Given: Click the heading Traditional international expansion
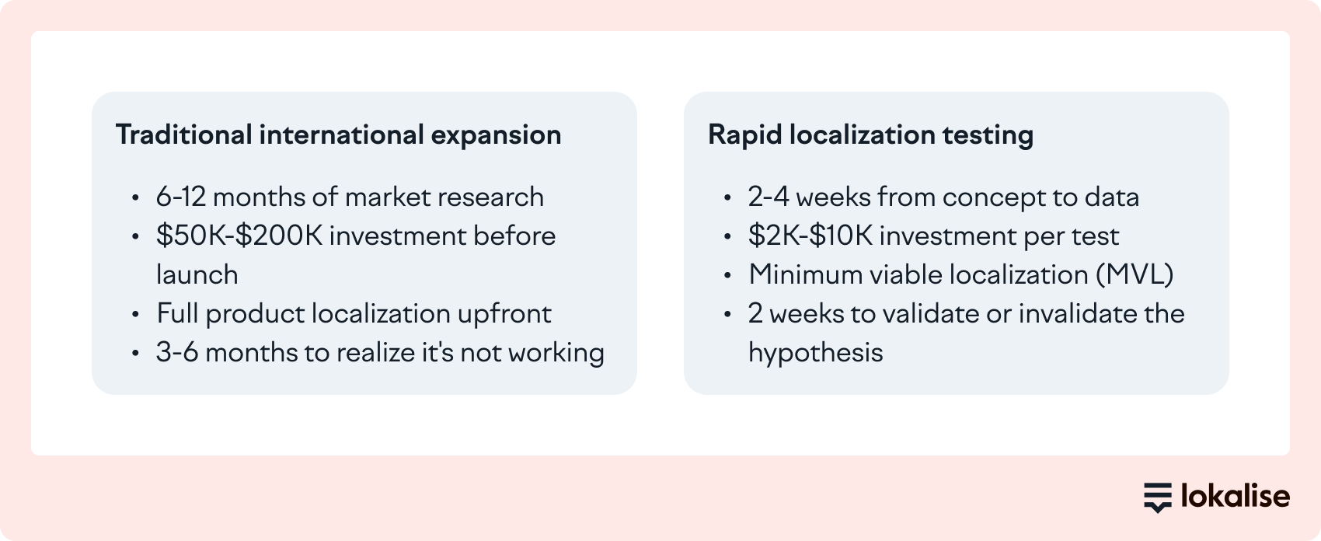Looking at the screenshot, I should (338, 134).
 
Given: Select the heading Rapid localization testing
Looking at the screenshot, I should (870, 134).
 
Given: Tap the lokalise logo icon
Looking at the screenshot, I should (1157, 497).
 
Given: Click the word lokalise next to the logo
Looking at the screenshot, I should (1235, 496).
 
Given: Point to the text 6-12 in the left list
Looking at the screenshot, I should (180, 197).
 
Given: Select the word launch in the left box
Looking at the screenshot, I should (197, 275).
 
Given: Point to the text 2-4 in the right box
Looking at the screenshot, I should (768, 197).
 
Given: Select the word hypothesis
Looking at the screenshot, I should (815, 353).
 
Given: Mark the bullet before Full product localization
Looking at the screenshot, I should (136, 315).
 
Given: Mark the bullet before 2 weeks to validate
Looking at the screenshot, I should (728, 315).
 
